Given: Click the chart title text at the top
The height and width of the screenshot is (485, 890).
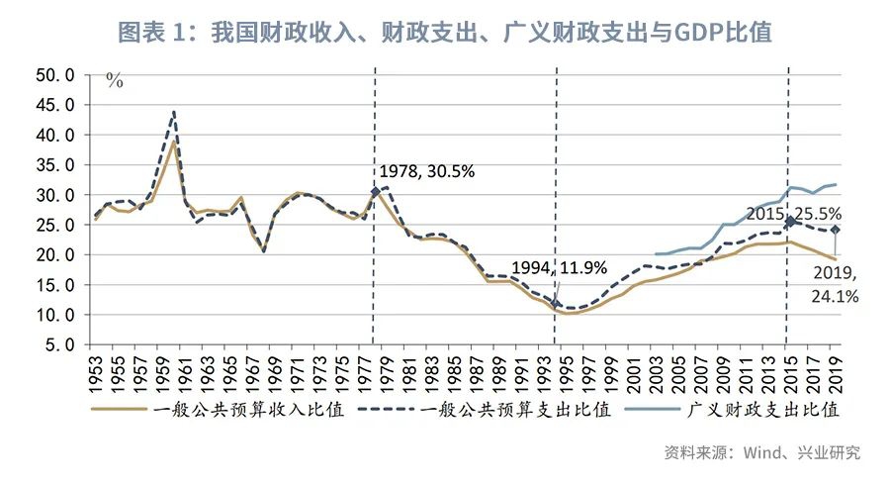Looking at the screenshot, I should [x=444, y=33].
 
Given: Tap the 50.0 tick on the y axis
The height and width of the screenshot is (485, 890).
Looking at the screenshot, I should [x=54, y=74].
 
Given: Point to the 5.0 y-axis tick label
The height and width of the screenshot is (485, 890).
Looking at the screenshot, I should [x=58, y=345].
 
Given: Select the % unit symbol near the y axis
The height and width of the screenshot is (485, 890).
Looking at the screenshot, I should [x=115, y=82].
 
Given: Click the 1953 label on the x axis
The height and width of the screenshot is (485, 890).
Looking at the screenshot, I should [x=97, y=373].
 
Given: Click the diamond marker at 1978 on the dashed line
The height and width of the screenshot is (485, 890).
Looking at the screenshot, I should [x=376, y=191].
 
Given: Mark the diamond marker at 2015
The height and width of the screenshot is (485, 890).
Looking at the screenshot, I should [x=789, y=222].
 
